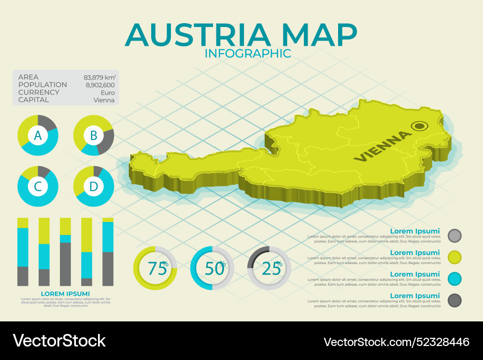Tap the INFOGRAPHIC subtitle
click(x=248, y=53)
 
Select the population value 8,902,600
click(x=100, y=85)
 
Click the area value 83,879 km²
click(x=99, y=77)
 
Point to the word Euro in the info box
click(x=107, y=93)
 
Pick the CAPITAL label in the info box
click(x=33, y=100)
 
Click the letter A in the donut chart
click(x=38, y=136)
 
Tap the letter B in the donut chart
click(x=94, y=136)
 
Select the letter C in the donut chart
click(x=38, y=186)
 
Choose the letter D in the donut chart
click(x=94, y=186)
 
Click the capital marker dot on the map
click(x=419, y=126)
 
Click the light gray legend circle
click(x=455, y=235)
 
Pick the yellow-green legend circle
click(x=455, y=257)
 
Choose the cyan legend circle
click(x=455, y=279)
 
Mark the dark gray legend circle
click(x=455, y=301)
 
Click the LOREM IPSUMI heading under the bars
click(x=65, y=293)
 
